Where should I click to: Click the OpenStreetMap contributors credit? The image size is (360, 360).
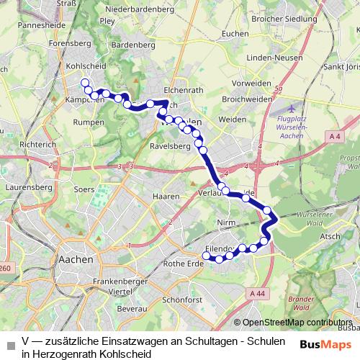point(297,323)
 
